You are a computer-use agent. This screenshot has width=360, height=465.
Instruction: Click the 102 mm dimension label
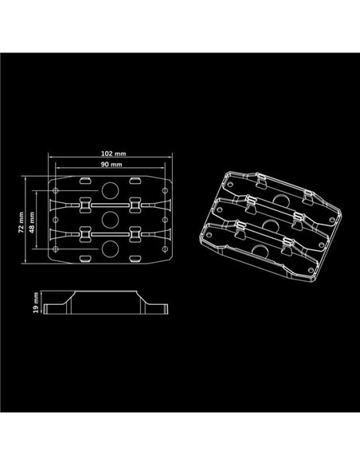tap(112, 151)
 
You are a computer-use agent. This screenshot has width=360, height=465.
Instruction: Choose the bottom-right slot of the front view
tap(136, 259)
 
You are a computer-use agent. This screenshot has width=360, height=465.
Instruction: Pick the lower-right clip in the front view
tap(136, 236)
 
